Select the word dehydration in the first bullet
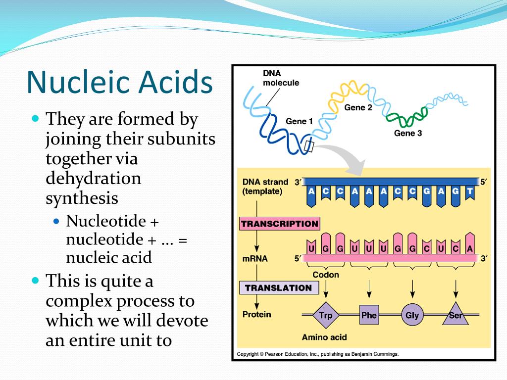[94, 178]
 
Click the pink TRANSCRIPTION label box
[280, 224]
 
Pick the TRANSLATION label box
[278, 287]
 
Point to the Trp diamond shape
[325, 315]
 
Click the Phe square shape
[369, 315]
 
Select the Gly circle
[412, 315]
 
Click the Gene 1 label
[299, 121]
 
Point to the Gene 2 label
[358, 107]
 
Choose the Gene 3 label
[408, 133]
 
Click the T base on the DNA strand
[469, 191]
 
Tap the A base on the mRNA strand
[469, 249]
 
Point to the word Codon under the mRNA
[326, 275]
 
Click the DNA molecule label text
[281, 78]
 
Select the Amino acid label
[324, 337]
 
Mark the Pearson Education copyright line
[317, 354]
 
